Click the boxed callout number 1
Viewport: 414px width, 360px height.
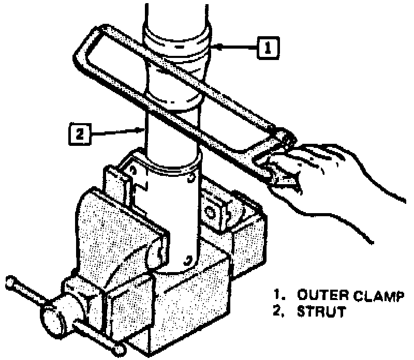coord(267,48)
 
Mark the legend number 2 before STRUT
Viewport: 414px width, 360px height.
coord(278,312)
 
